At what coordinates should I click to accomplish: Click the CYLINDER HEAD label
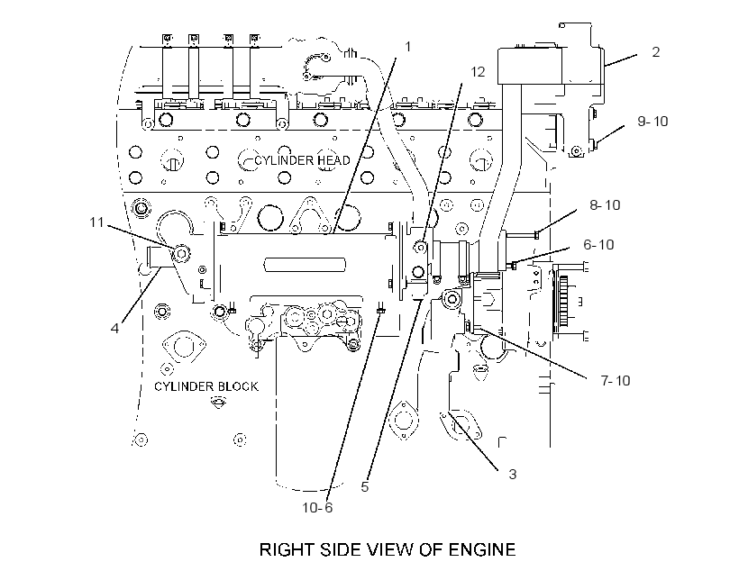302,160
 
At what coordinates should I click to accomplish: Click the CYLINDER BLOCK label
206,386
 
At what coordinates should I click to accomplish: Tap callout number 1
408,47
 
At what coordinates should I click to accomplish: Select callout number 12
478,72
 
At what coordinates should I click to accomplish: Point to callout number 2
655,52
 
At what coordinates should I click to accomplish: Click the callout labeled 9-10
652,121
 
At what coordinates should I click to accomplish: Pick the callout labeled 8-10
605,205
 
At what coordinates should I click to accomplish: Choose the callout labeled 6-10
598,244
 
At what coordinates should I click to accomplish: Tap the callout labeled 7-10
615,380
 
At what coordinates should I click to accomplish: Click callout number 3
512,474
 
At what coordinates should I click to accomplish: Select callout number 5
364,486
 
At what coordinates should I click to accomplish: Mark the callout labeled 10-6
317,507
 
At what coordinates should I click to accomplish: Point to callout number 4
114,328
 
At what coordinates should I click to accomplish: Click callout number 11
96,222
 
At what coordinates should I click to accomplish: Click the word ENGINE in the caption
481,549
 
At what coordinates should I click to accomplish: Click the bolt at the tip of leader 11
181,254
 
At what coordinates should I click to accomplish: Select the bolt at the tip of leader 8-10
537,234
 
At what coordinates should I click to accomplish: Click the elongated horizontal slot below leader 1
305,264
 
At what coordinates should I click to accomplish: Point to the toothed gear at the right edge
563,301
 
